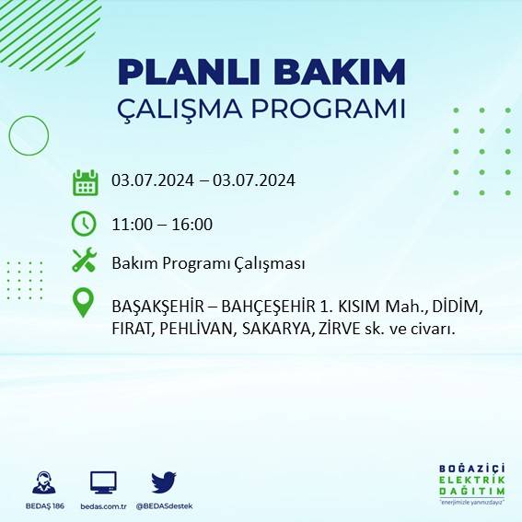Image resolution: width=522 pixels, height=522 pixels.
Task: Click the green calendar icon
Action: [x=86, y=182]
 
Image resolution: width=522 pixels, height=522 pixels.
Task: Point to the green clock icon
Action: [x=84, y=223]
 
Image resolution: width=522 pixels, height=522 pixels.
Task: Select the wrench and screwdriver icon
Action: [x=85, y=261]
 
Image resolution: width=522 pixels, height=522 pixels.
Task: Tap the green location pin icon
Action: [x=85, y=303]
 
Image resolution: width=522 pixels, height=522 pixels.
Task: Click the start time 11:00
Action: [x=131, y=225]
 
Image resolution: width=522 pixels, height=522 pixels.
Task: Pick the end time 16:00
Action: [x=192, y=225]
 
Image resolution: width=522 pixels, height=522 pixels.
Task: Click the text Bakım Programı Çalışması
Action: [x=208, y=264]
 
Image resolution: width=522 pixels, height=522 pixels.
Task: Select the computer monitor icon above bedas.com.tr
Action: [x=103, y=482]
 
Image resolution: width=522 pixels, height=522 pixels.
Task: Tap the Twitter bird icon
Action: [x=164, y=481]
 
